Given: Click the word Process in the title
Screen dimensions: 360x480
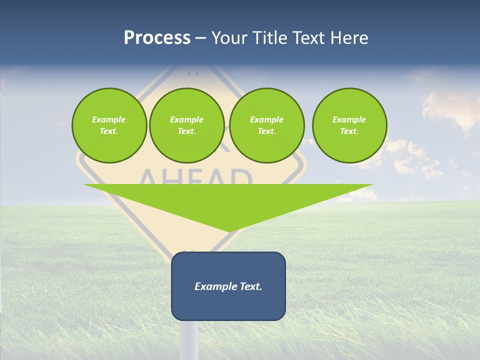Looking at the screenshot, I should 157,38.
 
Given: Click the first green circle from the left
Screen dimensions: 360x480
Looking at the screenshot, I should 109,125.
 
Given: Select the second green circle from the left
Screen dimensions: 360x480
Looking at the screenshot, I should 187,125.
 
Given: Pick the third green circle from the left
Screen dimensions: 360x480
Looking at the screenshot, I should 267,125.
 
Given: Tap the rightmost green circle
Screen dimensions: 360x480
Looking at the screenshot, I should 349,125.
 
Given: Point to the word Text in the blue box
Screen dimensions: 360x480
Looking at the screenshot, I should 249,286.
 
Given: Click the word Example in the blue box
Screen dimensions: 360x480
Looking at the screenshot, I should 214,286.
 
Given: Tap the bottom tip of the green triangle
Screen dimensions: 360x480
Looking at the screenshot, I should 229,231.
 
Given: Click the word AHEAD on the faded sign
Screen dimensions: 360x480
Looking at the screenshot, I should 195,177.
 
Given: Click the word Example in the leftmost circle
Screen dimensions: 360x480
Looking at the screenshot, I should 109,119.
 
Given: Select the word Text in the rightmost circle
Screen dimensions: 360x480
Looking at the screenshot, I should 349,131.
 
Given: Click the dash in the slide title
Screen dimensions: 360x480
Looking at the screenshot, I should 201,38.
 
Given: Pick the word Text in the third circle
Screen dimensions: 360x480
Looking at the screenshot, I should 266,131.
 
